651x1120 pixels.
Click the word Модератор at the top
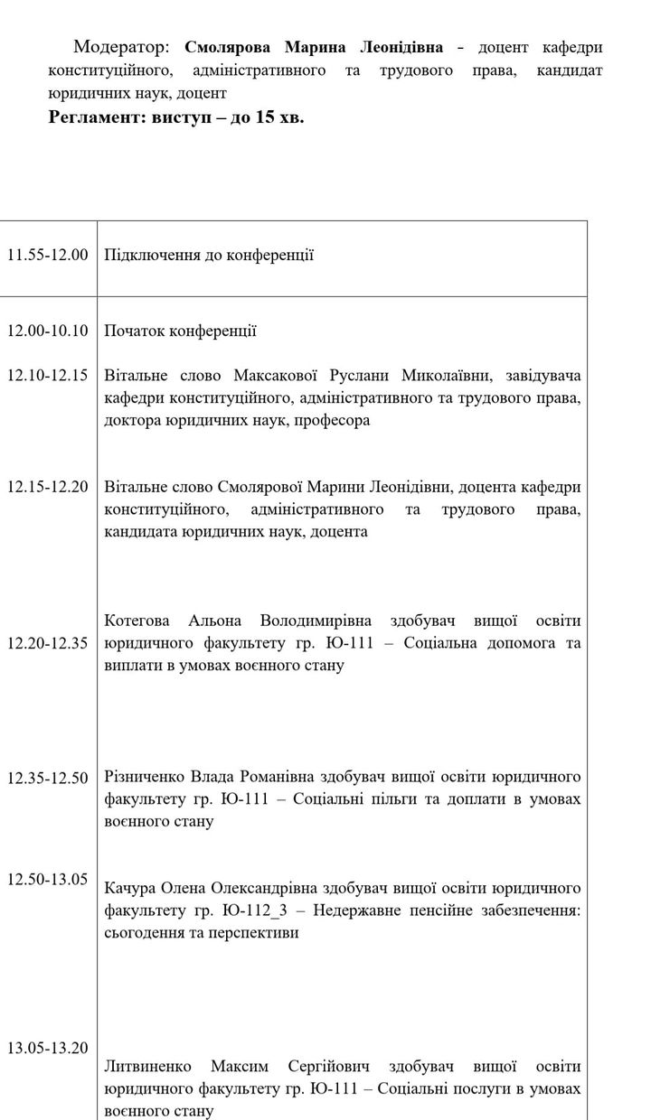coord(122,47)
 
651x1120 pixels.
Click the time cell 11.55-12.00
coord(48,255)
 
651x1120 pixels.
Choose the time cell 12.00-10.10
coord(48,331)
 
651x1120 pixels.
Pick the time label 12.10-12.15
coord(48,374)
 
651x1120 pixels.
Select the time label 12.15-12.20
coord(48,486)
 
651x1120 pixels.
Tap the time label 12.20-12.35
coord(48,643)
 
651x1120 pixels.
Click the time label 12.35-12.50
coord(48,777)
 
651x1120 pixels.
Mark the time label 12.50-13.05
coord(48,879)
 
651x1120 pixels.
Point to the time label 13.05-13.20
coord(48,1048)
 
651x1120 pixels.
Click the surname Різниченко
coord(146,777)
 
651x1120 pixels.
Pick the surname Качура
coord(130,887)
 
